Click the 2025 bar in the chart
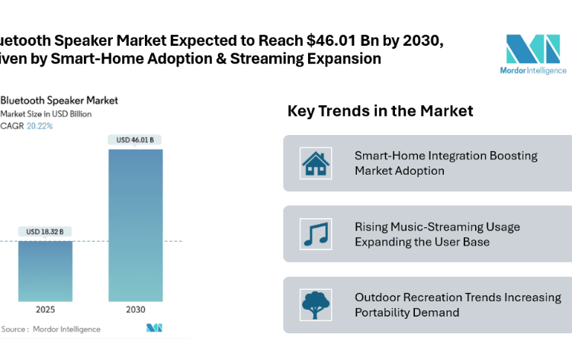pos(45,270)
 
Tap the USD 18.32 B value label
pos(44,232)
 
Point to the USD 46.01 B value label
pos(135,140)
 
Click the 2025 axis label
pos(45,310)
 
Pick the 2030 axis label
pos(135,310)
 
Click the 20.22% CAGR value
pos(40,126)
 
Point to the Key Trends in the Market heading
pos(380,111)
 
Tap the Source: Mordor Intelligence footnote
pos(51,329)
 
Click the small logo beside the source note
pos(155,328)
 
